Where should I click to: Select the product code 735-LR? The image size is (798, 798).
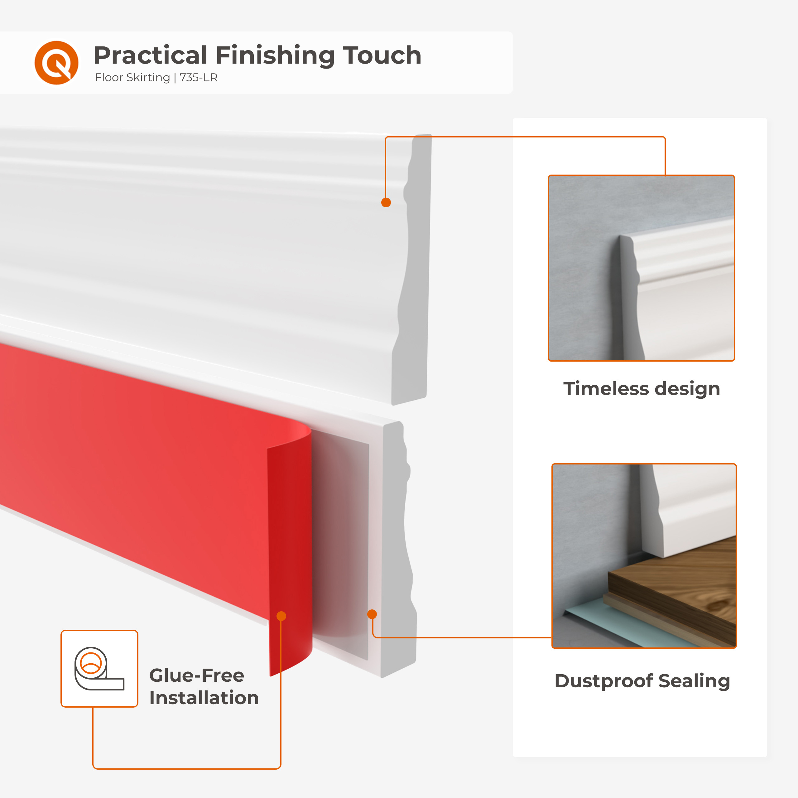[198, 78]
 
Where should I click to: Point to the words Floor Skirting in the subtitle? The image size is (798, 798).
[132, 78]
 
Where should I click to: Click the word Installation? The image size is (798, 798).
[204, 698]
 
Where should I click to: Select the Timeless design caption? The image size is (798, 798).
[642, 389]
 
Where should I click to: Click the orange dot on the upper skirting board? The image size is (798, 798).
[386, 202]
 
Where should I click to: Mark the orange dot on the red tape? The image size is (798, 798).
[281, 616]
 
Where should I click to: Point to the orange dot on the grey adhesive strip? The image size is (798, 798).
[372, 614]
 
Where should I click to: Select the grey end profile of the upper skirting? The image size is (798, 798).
[414, 268]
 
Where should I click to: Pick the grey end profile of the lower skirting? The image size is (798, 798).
[399, 549]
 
